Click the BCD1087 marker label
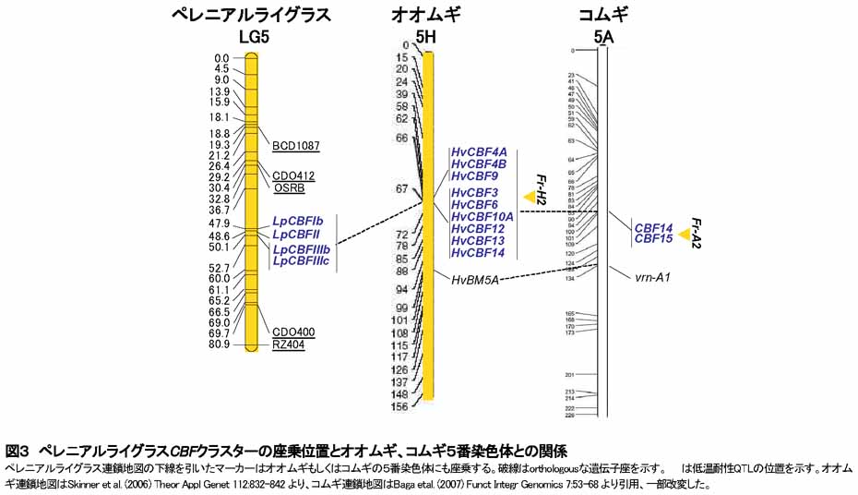coord(295,146)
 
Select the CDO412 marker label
coord(293,175)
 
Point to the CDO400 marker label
coord(293,332)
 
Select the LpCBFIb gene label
coord(297,222)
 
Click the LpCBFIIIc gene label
coord(301,261)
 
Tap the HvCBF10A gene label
coord(482,216)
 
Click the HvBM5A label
coord(475,279)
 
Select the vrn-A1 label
coord(651,276)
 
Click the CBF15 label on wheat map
coord(653,239)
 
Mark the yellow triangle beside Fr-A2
coord(684,235)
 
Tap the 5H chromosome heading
coord(425,37)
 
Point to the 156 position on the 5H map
coord(399,406)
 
